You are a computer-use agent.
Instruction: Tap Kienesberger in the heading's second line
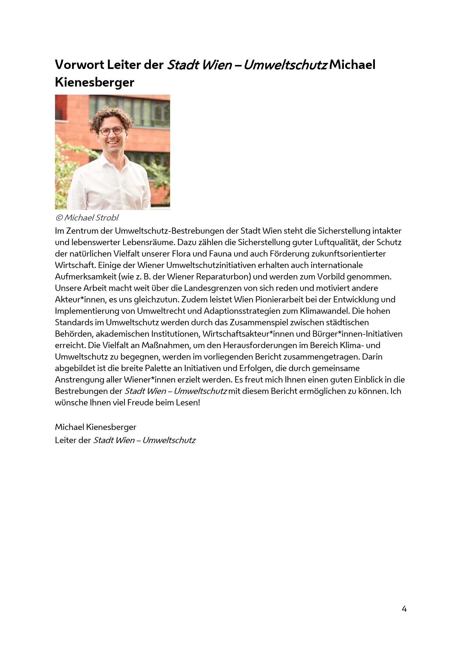click(94, 82)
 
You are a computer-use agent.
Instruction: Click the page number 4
click(404, 609)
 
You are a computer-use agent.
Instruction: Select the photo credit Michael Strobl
click(91, 217)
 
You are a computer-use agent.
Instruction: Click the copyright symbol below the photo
click(59, 218)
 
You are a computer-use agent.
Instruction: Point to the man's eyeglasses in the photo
click(111, 131)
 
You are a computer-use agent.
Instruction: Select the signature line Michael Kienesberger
click(96, 427)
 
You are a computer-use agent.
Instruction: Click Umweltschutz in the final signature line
click(169, 440)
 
